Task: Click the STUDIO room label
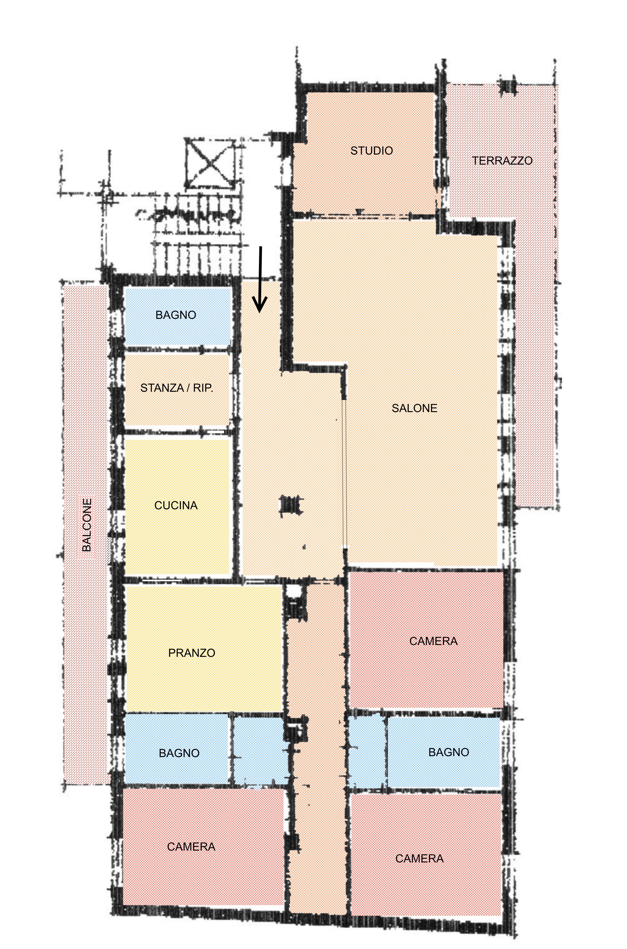371,151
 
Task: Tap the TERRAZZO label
502,161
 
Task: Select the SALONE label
414,408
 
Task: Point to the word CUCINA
176,506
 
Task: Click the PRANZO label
192,653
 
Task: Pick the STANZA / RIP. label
177,388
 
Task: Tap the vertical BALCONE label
87,525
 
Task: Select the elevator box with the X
210,164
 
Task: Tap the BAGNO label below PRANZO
179,753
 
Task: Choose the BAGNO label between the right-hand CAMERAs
449,752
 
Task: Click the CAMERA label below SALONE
434,641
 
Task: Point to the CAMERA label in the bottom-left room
191,847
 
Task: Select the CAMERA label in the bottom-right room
419,859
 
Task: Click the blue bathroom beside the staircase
178,316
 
